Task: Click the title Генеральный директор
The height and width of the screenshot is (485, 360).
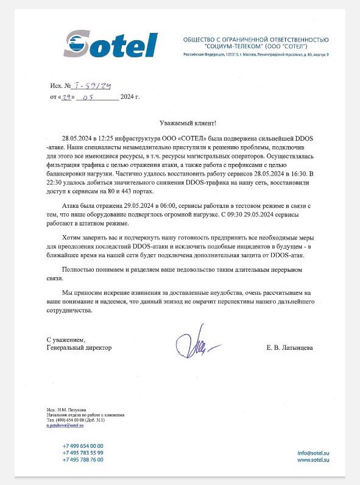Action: coord(80,348)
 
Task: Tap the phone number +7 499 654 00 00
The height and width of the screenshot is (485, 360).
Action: coord(83,446)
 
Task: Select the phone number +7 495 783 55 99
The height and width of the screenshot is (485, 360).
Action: coord(83,453)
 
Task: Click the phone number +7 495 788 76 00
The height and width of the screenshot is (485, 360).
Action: coord(83,459)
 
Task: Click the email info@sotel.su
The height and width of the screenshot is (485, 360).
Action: coord(314,453)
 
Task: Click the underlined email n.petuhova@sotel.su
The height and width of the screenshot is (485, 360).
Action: coord(65,425)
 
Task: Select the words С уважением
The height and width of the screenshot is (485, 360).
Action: coord(66,339)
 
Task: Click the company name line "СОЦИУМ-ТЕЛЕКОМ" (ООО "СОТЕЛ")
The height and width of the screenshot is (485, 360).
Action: coord(256,47)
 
